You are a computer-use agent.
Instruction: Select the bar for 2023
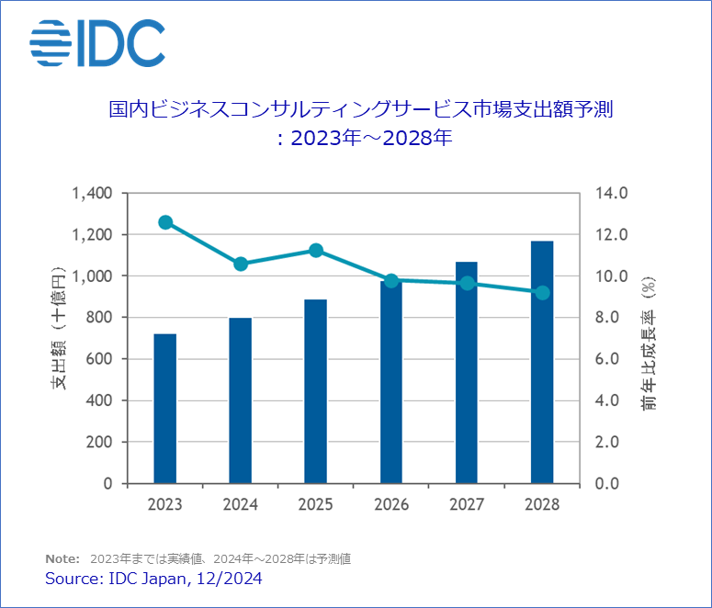point(164,408)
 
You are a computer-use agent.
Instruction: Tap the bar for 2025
point(315,390)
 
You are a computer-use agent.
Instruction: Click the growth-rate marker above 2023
point(165,222)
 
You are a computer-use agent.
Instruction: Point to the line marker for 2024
point(241,264)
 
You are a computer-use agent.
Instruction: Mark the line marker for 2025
point(316,250)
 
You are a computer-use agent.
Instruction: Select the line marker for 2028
point(542,292)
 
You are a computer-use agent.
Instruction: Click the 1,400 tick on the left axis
point(91,194)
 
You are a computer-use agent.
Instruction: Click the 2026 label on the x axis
point(390,505)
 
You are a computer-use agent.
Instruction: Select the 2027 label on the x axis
point(466,505)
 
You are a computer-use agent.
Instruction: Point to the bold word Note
point(61,558)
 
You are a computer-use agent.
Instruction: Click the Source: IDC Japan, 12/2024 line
point(153,578)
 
